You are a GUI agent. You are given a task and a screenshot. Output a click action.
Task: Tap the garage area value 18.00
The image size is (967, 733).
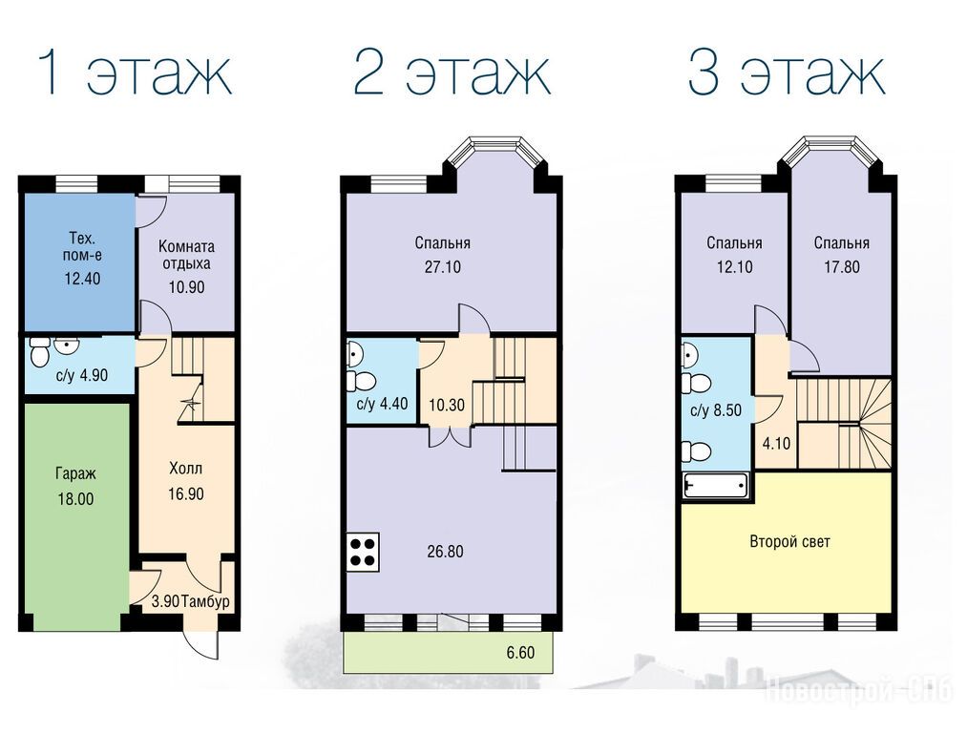(x=75, y=499)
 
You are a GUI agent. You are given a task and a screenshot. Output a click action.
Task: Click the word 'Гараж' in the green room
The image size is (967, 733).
(x=75, y=474)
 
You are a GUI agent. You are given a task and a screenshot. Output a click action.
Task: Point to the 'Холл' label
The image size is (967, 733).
(x=185, y=469)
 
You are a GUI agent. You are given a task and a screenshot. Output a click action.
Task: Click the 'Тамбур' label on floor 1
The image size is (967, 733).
(x=206, y=601)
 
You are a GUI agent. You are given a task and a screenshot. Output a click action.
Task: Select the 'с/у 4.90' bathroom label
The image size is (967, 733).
(x=81, y=375)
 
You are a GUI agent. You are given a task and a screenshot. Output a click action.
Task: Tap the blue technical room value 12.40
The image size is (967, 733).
(x=83, y=279)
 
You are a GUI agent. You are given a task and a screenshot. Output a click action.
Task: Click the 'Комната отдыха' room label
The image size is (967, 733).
(x=186, y=255)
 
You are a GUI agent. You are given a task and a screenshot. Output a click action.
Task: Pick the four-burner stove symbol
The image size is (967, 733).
(x=362, y=552)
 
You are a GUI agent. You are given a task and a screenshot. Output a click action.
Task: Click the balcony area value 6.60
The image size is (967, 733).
(x=520, y=652)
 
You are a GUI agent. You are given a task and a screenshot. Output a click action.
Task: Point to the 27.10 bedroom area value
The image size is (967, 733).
(x=443, y=267)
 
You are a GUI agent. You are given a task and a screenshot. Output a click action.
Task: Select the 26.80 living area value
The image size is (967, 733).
(x=445, y=552)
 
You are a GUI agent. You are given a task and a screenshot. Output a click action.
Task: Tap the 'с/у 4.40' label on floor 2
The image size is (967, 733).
(x=383, y=405)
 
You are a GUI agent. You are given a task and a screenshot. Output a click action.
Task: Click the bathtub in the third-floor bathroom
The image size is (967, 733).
(x=715, y=485)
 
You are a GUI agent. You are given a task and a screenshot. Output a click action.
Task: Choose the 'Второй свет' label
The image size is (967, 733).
(x=790, y=542)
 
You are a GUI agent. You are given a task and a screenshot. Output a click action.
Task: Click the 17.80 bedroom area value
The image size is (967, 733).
(x=842, y=267)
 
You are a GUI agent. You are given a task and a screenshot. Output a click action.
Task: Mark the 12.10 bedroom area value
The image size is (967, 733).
(x=734, y=267)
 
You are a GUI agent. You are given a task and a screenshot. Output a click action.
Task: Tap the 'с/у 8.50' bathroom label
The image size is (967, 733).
(x=716, y=410)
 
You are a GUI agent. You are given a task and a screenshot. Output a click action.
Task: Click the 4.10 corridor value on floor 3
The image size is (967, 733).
(x=776, y=443)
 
